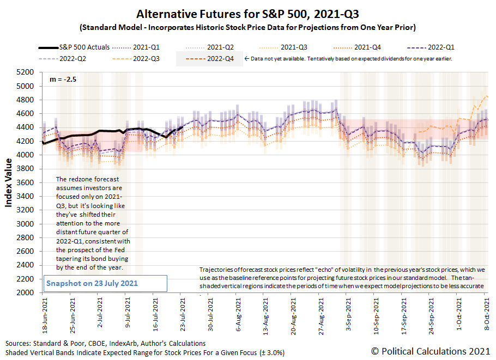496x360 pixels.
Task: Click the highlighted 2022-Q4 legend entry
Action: tap(209, 59)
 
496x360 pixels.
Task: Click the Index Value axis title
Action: tap(9, 183)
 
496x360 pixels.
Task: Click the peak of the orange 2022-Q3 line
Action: tap(486, 96)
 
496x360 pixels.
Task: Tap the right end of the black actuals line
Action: tap(182, 128)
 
